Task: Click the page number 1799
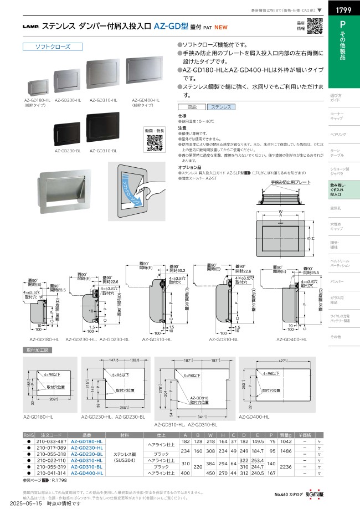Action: click(341, 10)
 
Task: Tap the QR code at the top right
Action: click(314, 26)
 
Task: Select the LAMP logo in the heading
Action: click(30, 26)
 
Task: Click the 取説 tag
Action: click(192, 107)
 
